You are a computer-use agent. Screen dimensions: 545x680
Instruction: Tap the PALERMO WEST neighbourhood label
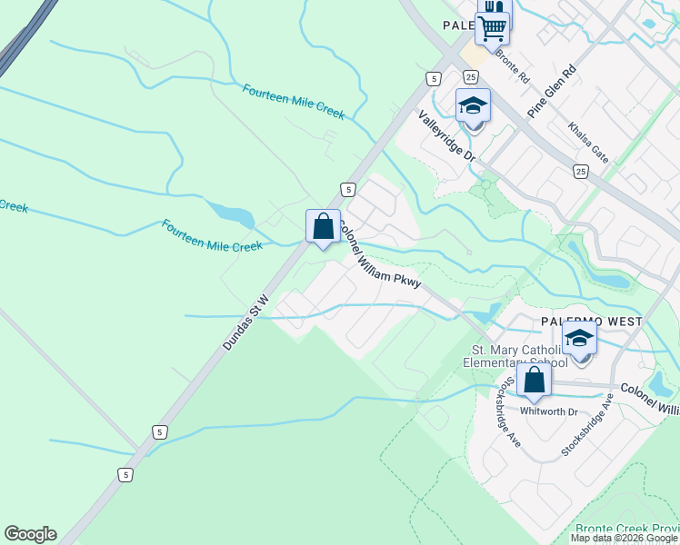[x=592, y=322]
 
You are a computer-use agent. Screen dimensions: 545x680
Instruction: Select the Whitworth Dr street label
[x=548, y=411]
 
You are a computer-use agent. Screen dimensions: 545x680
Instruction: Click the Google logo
[x=30, y=534]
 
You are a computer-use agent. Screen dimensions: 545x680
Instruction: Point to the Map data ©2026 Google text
[x=624, y=538]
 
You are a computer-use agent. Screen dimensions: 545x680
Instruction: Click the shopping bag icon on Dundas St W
[x=323, y=226]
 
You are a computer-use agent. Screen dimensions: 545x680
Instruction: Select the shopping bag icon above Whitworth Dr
[x=534, y=380]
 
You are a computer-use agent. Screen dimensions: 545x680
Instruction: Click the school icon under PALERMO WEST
[x=579, y=339]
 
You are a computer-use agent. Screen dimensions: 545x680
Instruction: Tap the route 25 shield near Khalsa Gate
[x=581, y=170]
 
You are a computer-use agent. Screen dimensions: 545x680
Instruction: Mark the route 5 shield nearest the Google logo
[x=125, y=474]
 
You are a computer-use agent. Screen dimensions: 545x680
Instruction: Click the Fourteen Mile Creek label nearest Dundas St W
[x=212, y=235]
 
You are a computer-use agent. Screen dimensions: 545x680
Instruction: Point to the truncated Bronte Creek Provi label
[x=626, y=529]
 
